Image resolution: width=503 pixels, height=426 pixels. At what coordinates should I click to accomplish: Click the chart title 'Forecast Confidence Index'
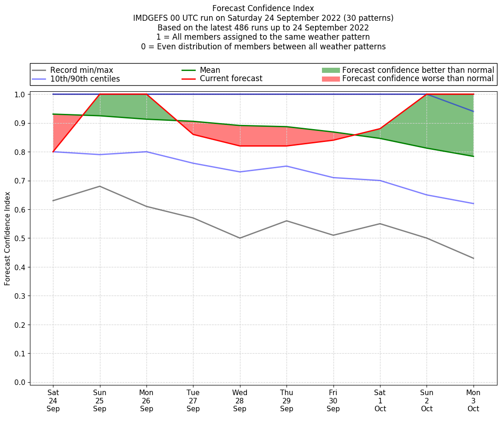point(263,8)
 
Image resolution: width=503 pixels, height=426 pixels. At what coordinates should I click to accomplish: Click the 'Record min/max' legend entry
point(82,70)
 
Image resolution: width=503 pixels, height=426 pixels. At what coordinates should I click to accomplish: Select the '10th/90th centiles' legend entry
point(85,79)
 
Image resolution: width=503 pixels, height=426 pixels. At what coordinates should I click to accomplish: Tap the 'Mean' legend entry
point(210,70)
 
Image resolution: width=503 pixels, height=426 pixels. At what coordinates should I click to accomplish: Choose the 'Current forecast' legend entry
point(231,79)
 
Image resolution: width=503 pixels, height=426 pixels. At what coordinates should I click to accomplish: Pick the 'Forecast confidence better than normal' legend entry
point(418,70)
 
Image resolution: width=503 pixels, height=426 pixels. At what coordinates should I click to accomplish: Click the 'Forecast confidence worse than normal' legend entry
point(418,79)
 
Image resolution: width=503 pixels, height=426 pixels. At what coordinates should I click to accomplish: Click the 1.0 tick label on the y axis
point(20,95)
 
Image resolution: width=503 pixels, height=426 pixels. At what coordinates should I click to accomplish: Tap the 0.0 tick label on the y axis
point(20,382)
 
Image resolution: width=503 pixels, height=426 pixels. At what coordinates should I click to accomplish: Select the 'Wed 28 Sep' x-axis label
point(240,401)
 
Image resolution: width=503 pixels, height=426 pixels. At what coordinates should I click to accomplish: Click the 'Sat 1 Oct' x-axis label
point(380,401)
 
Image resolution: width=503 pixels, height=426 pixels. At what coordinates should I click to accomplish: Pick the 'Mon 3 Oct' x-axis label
point(473,401)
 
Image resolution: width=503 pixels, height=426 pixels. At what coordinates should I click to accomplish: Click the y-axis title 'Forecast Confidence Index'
point(7,238)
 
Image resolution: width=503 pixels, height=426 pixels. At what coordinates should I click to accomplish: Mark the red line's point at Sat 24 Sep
point(53,152)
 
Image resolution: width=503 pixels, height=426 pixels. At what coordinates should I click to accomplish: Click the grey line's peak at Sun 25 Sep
point(100,186)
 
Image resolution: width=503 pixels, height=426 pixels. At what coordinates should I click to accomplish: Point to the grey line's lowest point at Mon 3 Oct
point(473,258)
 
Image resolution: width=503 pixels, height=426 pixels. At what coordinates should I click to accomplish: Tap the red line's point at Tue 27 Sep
point(193,134)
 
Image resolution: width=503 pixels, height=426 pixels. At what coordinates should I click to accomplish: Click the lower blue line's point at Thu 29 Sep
point(287,166)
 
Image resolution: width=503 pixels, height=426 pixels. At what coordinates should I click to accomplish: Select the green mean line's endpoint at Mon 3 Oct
point(473,156)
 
